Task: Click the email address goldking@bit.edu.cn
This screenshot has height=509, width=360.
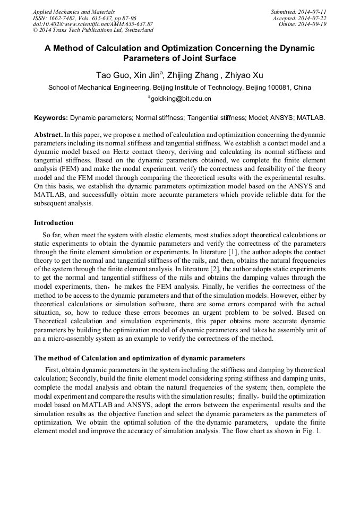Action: (181, 99)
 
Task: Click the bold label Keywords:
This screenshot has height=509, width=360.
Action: (51, 117)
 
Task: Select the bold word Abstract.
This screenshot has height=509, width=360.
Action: (48, 135)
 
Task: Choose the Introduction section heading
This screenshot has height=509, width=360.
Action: (54, 222)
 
